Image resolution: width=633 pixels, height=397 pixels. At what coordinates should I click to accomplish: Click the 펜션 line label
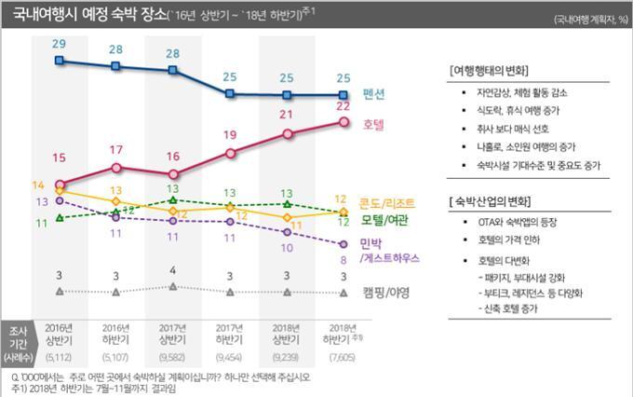click(376, 95)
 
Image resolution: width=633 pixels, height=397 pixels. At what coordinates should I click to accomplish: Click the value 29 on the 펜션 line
click(59, 45)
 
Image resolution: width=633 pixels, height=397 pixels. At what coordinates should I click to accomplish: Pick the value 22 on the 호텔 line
click(343, 107)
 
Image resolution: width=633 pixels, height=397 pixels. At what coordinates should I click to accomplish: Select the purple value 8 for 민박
click(343, 262)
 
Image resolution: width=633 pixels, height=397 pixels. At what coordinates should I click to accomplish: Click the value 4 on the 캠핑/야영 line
click(173, 270)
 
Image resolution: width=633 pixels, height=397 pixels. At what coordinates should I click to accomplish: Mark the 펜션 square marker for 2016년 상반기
click(60, 62)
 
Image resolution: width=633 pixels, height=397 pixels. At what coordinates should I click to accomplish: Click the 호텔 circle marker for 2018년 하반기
click(343, 122)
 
